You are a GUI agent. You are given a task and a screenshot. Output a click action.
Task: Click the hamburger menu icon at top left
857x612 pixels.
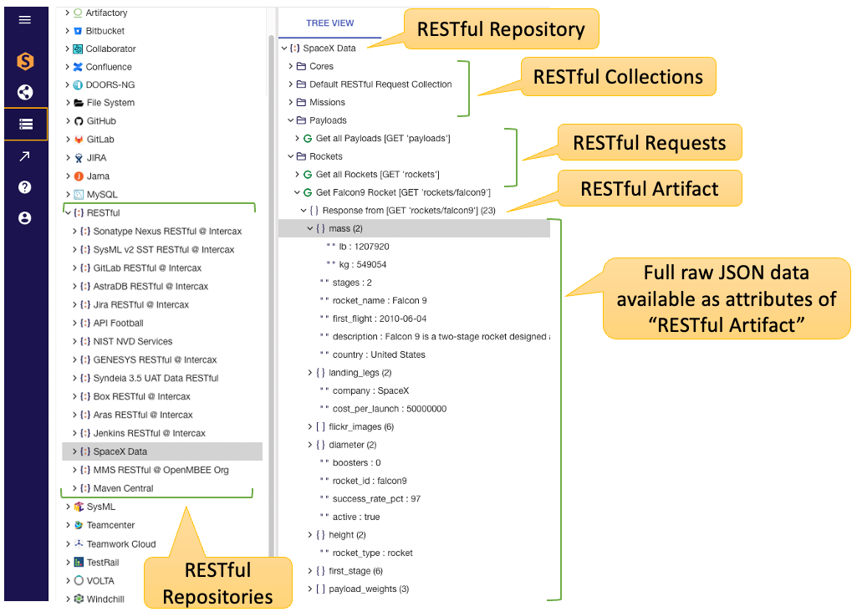click(x=25, y=19)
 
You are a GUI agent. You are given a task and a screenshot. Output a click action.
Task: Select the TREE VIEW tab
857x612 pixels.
click(x=329, y=23)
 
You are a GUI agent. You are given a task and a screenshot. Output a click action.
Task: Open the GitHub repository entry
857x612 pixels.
click(x=100, y=121)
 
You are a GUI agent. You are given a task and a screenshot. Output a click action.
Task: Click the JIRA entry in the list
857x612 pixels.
click(x=95, y=158)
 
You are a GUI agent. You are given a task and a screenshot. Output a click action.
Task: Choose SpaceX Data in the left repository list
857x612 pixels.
click(x=120, y=451)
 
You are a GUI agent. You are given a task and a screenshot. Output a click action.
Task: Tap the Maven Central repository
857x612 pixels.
click(x=123, y=488)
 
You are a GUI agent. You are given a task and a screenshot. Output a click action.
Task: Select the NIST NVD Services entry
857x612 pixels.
click(x=132, y=341)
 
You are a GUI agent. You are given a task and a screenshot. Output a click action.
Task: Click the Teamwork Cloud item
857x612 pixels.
click(x=120, y=543)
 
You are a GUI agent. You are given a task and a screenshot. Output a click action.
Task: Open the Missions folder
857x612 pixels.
click(x=326, y=102)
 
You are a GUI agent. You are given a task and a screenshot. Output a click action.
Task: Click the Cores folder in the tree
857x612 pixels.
click(x=321, y=66)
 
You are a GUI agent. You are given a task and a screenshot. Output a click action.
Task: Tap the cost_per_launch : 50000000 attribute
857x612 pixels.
click(x=389, y=409)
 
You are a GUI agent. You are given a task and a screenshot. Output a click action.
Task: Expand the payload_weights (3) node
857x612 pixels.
click(x=311, y=589)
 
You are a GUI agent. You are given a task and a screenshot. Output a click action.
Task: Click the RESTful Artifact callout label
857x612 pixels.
click(x=649, y=188)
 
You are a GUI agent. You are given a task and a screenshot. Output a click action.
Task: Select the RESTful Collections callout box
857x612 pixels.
click(x=618, y=77)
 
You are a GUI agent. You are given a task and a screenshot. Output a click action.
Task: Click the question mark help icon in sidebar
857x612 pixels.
click(x=25, y=187)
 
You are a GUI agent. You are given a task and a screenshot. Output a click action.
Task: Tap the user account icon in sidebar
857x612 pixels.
click(x=25, y=218)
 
